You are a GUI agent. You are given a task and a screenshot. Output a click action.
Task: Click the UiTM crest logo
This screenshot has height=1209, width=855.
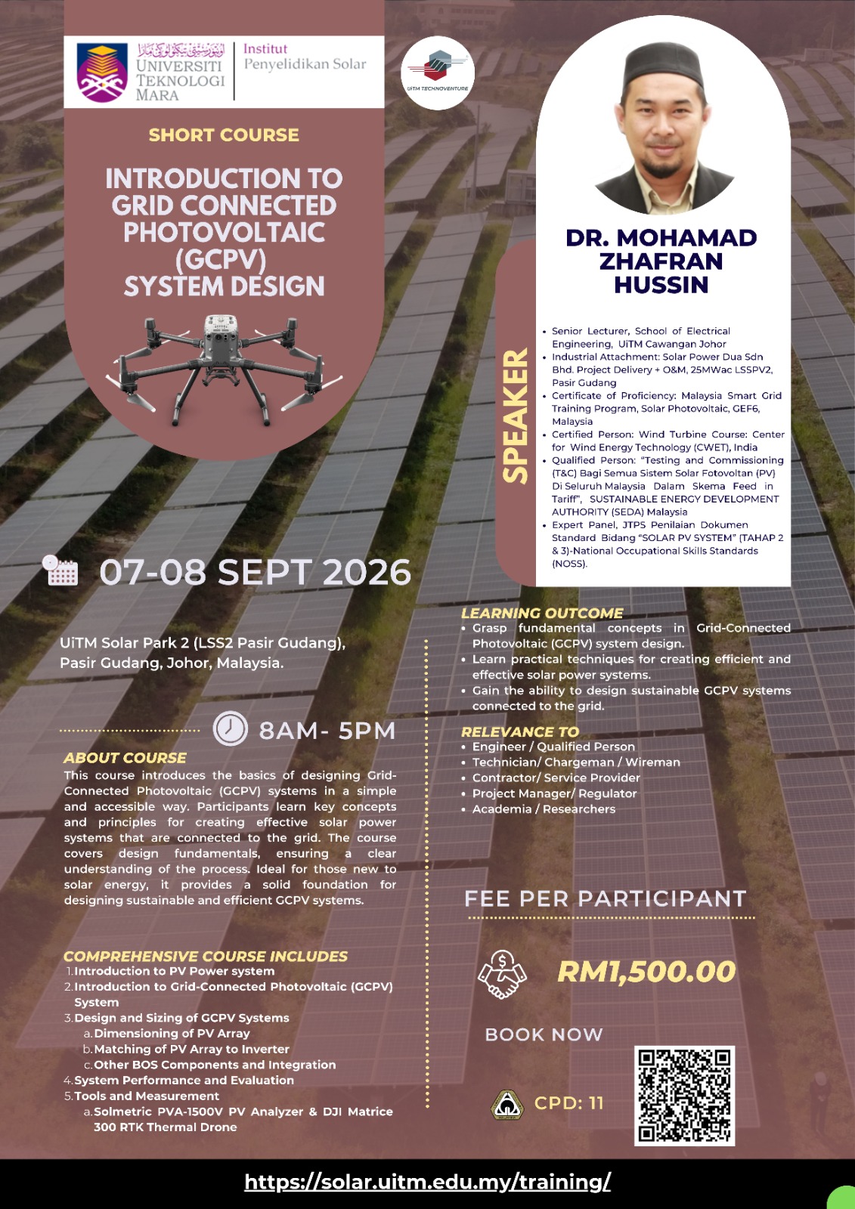coord(102,73)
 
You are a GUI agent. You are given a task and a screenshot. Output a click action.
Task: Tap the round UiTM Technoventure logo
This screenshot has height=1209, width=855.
coord(438,73)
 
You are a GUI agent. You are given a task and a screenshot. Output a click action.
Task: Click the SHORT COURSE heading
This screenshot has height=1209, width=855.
coord(224,135)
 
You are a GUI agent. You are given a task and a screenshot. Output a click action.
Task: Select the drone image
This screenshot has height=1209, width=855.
coord(224,362)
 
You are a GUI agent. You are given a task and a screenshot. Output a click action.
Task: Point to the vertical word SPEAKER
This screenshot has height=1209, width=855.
coord(516,415)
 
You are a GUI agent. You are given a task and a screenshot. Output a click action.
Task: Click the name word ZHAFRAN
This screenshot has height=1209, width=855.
coord(661,261)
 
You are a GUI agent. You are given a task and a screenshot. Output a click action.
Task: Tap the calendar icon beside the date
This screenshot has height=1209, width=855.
coord(60,570)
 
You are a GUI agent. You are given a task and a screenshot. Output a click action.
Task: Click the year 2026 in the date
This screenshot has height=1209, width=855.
coord(367,572)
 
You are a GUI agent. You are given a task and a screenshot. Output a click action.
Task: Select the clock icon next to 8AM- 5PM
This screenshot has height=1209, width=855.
coord(231,729)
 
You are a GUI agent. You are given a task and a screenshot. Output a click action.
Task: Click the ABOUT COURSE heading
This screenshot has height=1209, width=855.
coord(125,758)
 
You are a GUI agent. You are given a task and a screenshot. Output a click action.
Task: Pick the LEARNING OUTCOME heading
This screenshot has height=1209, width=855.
coord(542,613)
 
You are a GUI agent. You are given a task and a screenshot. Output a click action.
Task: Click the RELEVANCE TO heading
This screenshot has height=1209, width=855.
coord(520,731)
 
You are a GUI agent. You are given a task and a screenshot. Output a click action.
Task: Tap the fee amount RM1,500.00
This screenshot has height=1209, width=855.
coord(646,972)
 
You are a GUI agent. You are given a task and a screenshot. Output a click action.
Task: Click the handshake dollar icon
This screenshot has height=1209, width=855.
coord(502,974)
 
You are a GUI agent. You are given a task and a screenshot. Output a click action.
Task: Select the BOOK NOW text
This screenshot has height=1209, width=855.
coord(544,1034)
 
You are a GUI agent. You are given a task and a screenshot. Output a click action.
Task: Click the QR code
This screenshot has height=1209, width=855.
coord(684,1096)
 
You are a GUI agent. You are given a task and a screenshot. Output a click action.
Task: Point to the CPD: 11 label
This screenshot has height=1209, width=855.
coord(568,1103)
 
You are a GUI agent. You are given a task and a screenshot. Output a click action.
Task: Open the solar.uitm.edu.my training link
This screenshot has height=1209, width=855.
coord(428,1182)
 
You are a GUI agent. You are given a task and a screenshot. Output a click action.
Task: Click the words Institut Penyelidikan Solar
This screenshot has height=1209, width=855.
coord(305,57)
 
